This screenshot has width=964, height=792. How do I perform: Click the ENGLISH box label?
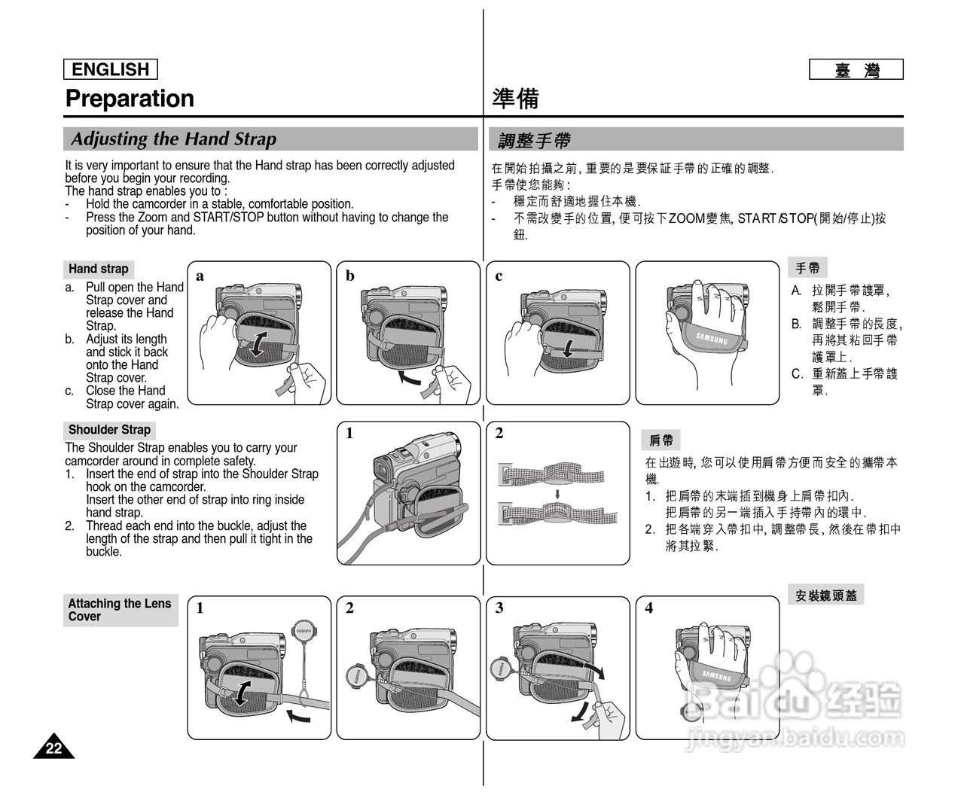click(x=111, y=70)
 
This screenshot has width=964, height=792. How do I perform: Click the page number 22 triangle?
click(x=53, y=748)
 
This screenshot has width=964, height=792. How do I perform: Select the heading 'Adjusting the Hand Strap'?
click(x=173, y=139)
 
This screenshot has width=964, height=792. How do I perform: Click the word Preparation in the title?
click(x=130, y=99)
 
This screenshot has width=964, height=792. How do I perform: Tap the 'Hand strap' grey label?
click(x=98, y=269)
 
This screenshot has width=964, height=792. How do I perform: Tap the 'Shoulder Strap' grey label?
click(x=109, y=430)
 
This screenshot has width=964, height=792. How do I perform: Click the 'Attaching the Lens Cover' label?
click(x=120, y=610)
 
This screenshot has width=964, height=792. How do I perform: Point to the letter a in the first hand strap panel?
click(x=200, y=276)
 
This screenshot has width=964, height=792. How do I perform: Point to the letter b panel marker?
click(x=349, y=276)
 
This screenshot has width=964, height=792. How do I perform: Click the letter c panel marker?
click(x=499, y=276)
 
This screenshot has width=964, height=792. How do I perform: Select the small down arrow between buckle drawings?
click(x=557, y=495)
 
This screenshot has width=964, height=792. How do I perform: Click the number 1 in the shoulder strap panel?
click(x=349, y=433)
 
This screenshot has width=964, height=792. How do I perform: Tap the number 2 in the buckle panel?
click(x=499, y=433)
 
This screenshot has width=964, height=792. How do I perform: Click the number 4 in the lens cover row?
click(x=648, y=608)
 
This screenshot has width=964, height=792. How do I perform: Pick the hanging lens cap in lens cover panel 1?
click(x=302, y=631)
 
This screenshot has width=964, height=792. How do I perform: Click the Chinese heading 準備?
click(x=516, y=99)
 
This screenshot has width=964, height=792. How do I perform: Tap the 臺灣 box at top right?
click(x=856, y=70)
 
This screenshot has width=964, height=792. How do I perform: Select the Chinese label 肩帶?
click(x=661, y=440)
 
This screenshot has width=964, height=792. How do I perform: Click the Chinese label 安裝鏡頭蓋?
click(x=826, y=596)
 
